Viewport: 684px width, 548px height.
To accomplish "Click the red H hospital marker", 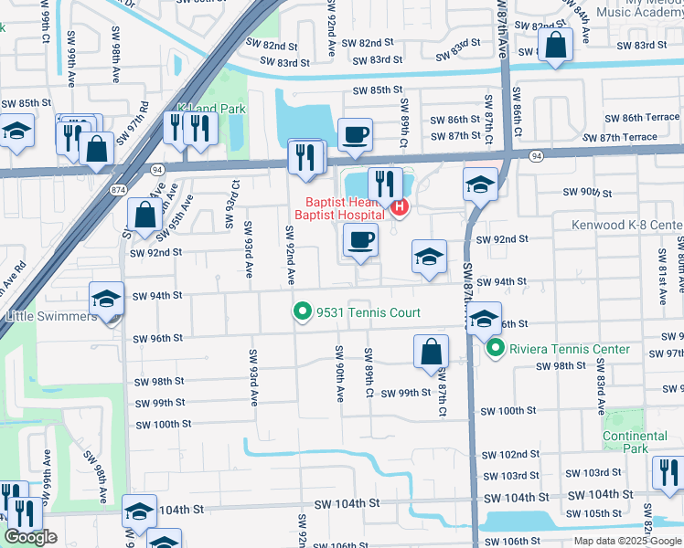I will pos(400,209).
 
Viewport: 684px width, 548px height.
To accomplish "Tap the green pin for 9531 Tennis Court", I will pos(303,313).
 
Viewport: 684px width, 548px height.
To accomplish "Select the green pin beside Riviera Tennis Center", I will pos(496,349).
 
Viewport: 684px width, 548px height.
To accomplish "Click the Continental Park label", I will pos(635,442).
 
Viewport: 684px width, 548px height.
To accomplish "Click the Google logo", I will pos(30,537).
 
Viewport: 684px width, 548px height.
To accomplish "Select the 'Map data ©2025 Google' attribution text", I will pos(627,541).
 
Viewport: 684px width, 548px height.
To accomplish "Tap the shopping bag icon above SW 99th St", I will pos(431,353).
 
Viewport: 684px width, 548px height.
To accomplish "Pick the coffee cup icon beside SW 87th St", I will pos(355,135).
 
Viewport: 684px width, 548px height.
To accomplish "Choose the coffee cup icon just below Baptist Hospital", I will pos(361,241).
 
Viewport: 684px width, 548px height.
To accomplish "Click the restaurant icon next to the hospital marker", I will pos(385,184).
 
